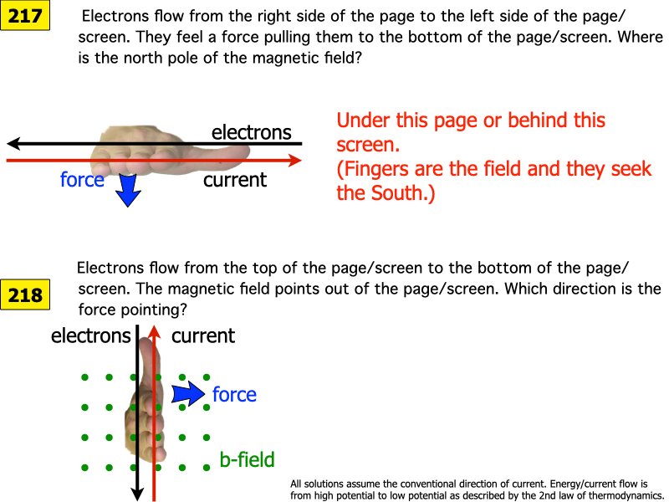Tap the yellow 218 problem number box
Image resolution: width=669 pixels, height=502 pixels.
[x=24, y=294]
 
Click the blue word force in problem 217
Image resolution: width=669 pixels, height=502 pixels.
[x=82, y=179]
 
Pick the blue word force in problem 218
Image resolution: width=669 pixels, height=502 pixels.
[x=234, y=394]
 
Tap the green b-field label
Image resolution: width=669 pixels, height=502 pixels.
[x=247, y=458]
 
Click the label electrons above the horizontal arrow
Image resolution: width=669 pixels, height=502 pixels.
[x=251, y=132]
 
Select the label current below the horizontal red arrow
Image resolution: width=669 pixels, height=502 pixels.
[x=235, y=179]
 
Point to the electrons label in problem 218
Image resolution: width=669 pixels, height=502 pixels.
[x=90, y=336]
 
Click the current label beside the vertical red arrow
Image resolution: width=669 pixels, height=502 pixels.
[x=203, y=336]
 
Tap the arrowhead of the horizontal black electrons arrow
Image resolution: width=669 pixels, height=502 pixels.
[x=12, y=143]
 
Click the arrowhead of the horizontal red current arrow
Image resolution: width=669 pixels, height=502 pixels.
[x=295, y=159]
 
